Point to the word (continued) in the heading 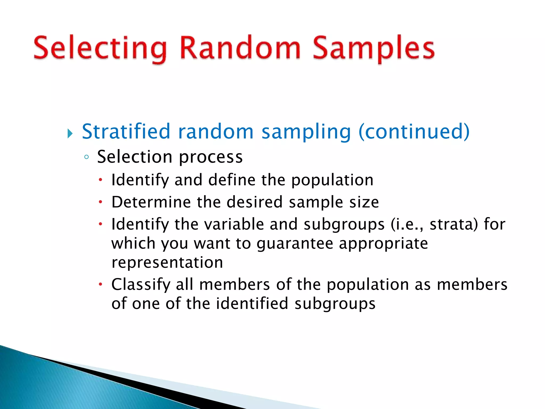pyautogui.click(x=414, y=132)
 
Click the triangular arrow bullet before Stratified pyautogui.click(x=70, y=133)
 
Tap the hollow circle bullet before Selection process pyautogui.click(x=86, y=157)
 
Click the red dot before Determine pyautogui.click(x=100, y=202)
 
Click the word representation pyautogui.click(x=167, y=263)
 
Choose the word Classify pyautogui.click(x=141, y=285)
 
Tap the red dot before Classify pyautogui.click(x=100, y=285)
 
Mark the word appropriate pyautogui.click(x=383, y=244)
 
